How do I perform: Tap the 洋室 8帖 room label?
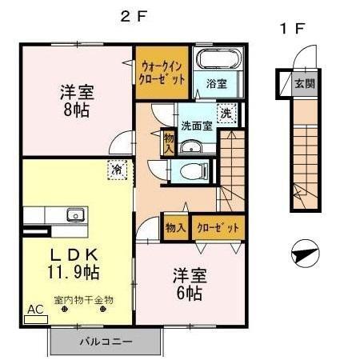(x=75, y=100)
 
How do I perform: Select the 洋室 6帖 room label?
(x=190, y=284)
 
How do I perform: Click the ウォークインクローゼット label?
(x=162, y=74)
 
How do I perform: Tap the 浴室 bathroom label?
(x=216, y=83)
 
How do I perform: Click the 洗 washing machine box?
(x=227, y=114)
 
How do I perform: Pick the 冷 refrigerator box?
(x=118, y=170)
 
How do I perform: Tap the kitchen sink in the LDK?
(x=75, y=214)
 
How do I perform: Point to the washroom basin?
(x=191, y=146)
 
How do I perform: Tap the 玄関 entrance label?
(x=304, y=82)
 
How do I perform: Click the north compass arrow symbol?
(x=302, y=257)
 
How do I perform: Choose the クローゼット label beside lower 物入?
(x=217, y=227)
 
